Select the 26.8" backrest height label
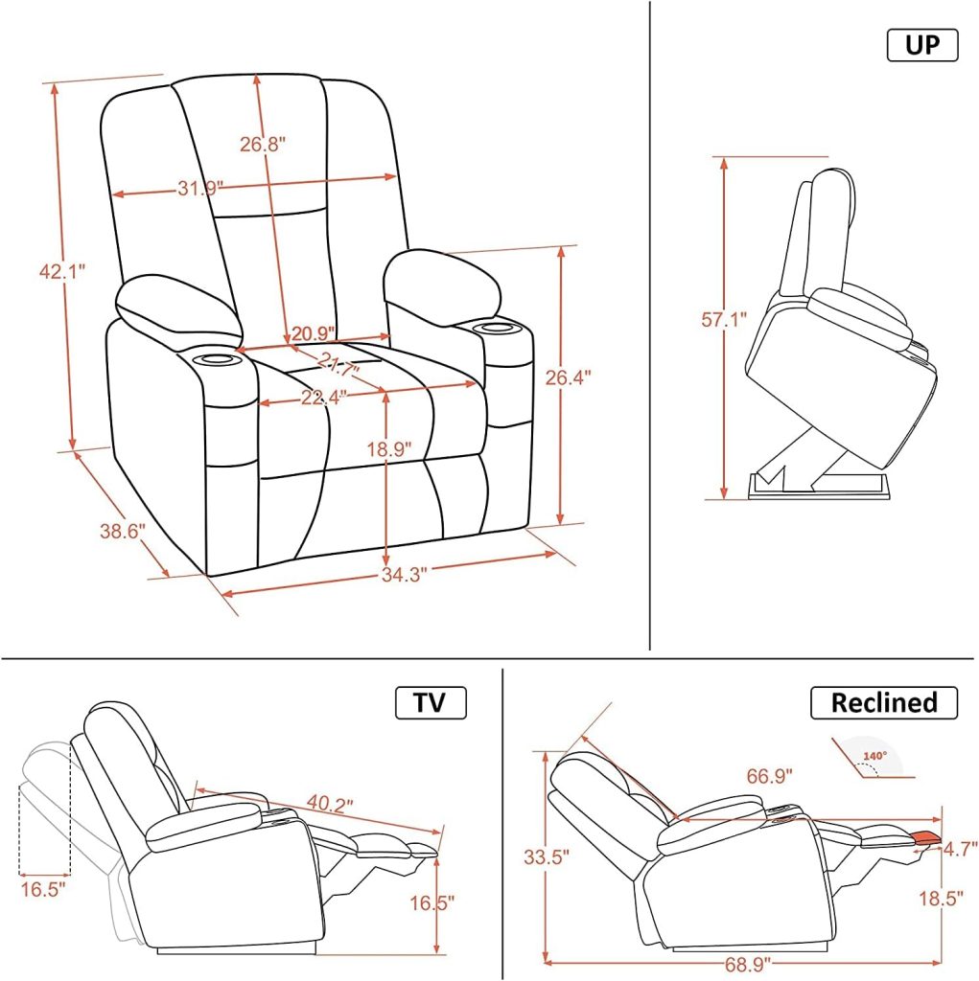point(262,145)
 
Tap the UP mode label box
point(921,45)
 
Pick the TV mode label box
point(431,703)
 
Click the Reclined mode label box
point(883,703)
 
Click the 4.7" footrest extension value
point(959,849)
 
